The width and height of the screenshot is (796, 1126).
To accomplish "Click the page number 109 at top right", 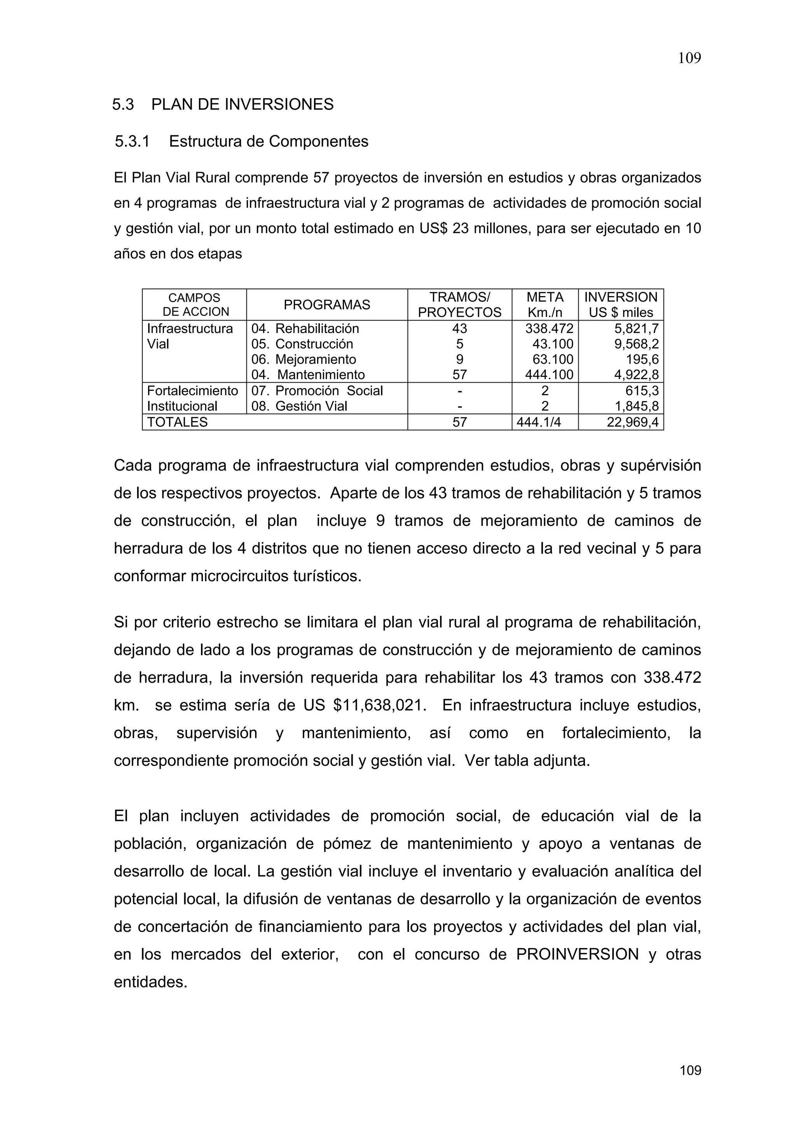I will pyautogui.click(x=689, y=58).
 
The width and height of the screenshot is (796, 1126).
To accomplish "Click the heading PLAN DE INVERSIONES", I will pyautogui.click(x=242, y=105).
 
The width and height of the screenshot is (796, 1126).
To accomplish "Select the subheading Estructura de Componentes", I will pyautogui.click(x=268, y=142).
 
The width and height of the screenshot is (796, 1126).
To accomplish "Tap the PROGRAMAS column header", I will pyautogui.click(x=326, y=305).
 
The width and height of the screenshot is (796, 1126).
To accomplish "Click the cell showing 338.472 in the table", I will pyautogui.click(x=549, y=329).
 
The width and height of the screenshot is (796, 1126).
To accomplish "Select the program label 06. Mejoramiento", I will pyautogui.click(x=304, y=359).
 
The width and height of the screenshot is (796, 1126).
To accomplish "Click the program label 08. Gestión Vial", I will pyautogui.click(x=299, y=406).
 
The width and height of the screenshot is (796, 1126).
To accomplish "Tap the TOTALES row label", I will pyautogui.click(x=178, y=422).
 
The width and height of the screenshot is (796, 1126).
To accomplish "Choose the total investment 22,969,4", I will pyautogui.click(x=632, y=422).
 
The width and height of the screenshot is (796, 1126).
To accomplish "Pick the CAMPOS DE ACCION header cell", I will pyautogui.click(x=195, y=305).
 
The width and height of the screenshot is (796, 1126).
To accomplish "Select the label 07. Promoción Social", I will pyautogui.click(x=317, y=391).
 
